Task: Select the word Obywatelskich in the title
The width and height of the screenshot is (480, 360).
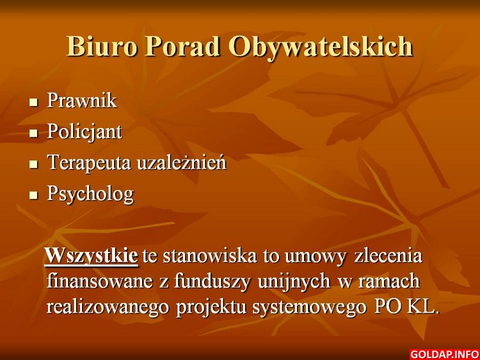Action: point(321,47)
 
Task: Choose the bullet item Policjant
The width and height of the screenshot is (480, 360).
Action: point(84,132)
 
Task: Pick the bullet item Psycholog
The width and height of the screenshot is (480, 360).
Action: point(91,194)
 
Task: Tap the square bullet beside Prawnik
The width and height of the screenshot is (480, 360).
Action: point(33,102)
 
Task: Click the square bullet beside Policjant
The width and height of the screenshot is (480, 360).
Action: point(33,133)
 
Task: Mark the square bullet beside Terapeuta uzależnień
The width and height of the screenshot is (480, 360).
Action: point(33,164)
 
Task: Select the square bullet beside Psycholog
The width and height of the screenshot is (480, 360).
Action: point(33,195)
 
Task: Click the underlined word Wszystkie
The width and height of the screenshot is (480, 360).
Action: point(92,256)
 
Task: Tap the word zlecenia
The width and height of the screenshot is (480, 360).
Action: point(388,256)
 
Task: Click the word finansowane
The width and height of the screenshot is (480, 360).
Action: point(99,281)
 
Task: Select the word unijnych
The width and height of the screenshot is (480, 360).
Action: point(294,281)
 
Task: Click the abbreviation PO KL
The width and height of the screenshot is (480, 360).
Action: point(407,307)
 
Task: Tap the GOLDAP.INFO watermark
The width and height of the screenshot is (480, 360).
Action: point(444,354)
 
